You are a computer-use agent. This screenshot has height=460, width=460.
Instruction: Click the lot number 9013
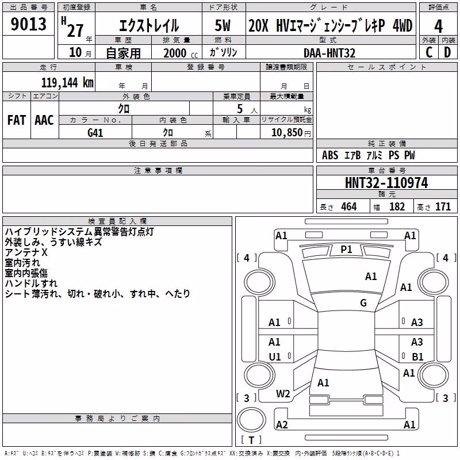[28, 24]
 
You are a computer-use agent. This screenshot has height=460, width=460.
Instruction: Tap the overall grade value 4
[438, 26]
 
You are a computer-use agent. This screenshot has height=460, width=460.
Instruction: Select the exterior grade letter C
[429, 52]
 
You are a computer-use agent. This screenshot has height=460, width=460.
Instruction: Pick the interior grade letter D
[447, 52]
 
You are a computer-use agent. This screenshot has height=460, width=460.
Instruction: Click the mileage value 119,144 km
[67, 83]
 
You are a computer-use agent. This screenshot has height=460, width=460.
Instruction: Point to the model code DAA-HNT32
[329, 53]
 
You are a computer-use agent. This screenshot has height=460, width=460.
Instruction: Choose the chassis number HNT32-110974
[386, 183]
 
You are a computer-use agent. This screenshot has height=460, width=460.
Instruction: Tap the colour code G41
[95, 133]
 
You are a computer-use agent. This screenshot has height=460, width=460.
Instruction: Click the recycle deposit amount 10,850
[287, 133]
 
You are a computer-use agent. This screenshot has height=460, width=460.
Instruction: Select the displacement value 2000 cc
[181, 53]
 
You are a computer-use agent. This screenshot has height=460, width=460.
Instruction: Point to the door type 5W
[223, 25]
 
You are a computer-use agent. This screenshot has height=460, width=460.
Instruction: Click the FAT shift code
[17, 120]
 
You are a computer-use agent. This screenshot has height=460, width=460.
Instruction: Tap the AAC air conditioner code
[44, 120]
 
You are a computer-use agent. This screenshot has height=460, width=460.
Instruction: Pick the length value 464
[349, 206]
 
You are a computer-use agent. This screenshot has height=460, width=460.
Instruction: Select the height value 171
[443, 206]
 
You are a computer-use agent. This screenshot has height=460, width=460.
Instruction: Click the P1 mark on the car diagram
[346, 250]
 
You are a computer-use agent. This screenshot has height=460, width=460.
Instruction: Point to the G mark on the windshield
[363, 302]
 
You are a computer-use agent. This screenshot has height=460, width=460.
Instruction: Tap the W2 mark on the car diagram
[283, 394]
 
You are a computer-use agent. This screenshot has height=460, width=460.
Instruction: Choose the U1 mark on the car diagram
[275, 356]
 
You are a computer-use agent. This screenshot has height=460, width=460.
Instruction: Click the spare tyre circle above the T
[251, 420]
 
